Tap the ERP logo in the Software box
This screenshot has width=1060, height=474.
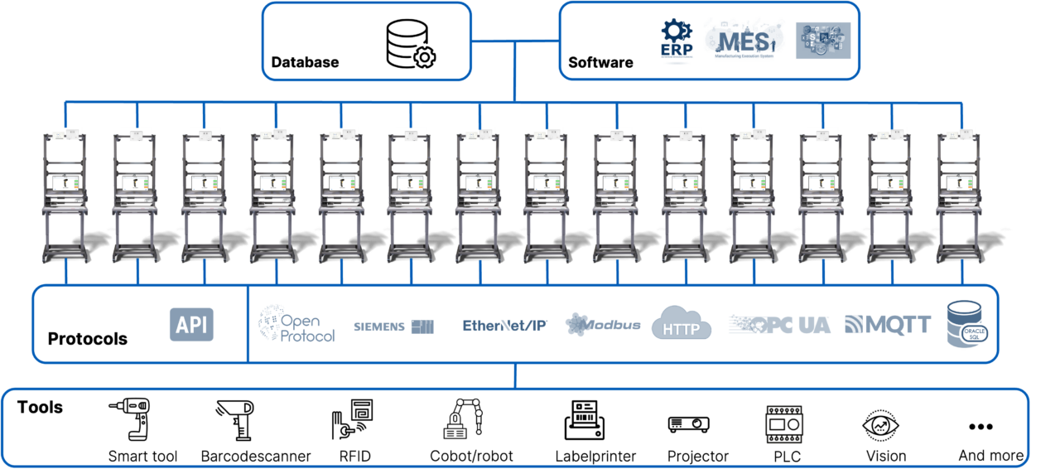(x=677, y=40)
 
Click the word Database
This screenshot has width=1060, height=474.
(x=305, y=62)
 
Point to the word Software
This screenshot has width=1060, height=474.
(x=600, y=62)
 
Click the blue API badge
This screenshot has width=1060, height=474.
(x=191, y=325)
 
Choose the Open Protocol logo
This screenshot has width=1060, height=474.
(x=297, y=325)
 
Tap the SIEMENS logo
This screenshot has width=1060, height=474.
(x=393, y=326)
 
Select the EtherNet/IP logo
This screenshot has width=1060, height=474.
(x=504, y=326)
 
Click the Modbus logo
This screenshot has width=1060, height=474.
(x=603, y=325)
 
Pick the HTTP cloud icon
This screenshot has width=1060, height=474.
(x=682, y=324)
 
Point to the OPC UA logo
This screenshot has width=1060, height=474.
(x=779, y=325)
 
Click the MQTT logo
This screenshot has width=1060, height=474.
(x=888, y=325)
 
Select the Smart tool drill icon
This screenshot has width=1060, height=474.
(x=130, y=419)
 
